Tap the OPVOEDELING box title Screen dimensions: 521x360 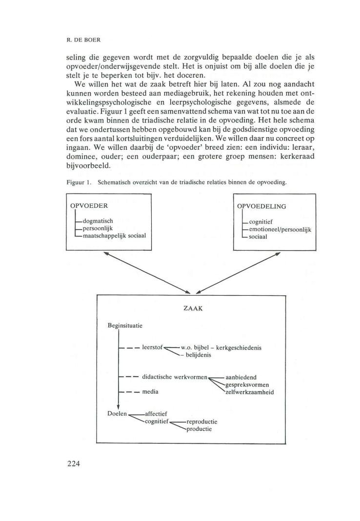coord(261,206)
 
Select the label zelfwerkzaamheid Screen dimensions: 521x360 coord(249,391)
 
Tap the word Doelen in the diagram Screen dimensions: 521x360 coord(116,414)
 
